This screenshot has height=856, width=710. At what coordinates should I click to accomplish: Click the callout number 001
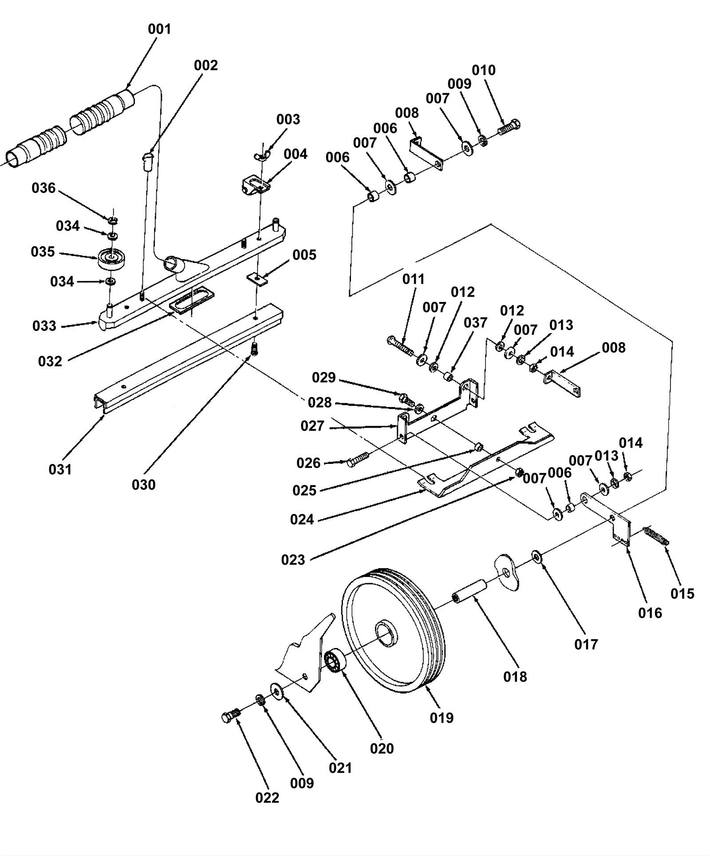(x=159, y=29)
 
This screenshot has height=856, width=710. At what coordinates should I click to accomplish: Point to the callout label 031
(x=60, y=469)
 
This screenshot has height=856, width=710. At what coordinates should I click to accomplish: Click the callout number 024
(x=302, y=519)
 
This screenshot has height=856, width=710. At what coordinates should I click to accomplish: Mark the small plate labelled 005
(x=258, y=279)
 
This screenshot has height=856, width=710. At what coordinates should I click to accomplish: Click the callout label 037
(x=476, y=322)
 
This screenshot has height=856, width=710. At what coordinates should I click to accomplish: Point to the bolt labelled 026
(x=358, y=459)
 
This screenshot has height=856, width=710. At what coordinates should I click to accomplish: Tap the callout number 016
(x=650, y=613)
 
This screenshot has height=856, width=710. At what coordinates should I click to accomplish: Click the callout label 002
(x=206, y=66)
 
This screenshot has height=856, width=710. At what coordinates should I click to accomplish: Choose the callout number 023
(x=293, y=560)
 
